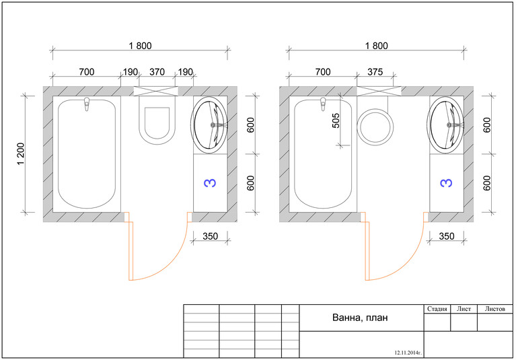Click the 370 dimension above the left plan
tap(157, 72)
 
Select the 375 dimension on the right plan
tap(375, 72)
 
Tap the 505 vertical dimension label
tap(335, 120)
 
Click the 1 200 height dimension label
tap(20, 153)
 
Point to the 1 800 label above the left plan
tap(140, 46)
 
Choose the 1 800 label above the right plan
tap(376, 46)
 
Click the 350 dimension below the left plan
tap(210, 236)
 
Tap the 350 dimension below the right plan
tap(446, 236)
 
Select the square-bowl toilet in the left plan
tap(157, 120)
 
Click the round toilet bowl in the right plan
tap(375, 127)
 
